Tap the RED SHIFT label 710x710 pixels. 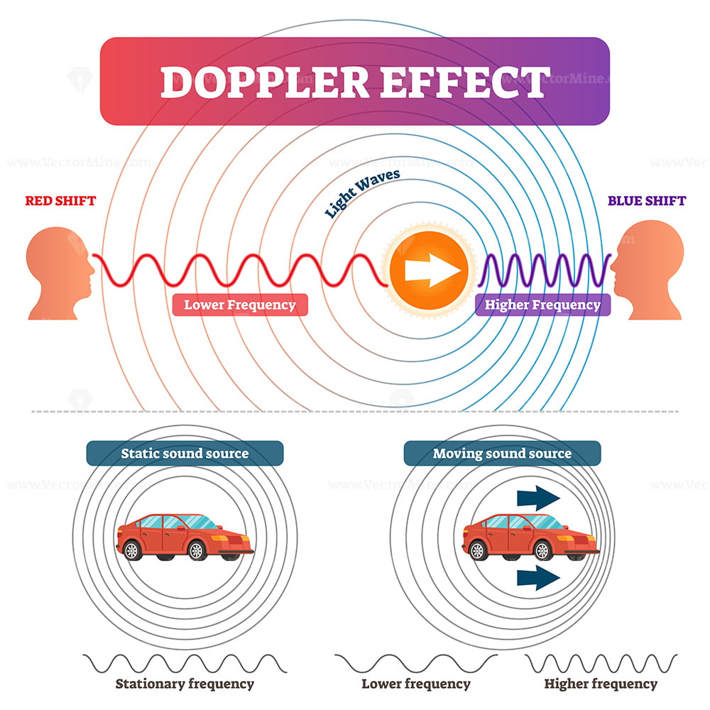[x=60, y=200]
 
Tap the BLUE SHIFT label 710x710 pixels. [x=647, y=200]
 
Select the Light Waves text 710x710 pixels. [x=362, y=192]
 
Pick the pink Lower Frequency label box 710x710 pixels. [x=240, y=305]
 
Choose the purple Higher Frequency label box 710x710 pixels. [x=542, y=305]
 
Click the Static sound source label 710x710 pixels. [x=185, y=453]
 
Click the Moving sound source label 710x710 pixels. [x=502, y=453]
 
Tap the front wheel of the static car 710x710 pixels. [x=197, y=550]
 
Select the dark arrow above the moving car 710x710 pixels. [x=538, y=498]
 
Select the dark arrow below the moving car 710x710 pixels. [x=538, y=579]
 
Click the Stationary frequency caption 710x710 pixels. [x=185, y=684]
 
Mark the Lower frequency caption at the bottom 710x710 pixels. [x=416, y=684]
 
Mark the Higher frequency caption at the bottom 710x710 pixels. [x=601, y=684]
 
